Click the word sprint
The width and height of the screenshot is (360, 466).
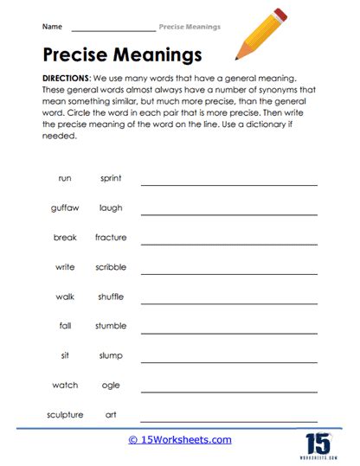tap(111, 178)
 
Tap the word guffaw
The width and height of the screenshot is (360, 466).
tap(65, 207)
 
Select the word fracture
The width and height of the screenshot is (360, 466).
tap(111, 237)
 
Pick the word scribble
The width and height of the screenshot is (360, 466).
tap(111, 267)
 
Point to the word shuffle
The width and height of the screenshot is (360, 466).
tap(111, 297)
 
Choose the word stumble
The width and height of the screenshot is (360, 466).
tap(111, 326)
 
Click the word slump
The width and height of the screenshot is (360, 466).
tap(111, 355)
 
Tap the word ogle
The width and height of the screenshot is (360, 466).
tap(111, 385)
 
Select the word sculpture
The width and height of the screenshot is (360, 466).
tap(65, 414)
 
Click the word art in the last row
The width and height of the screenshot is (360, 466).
tap(111, 414)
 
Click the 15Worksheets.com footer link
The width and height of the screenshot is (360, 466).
tap(179, 439)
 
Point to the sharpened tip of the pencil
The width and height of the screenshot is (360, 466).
tap(237, 58)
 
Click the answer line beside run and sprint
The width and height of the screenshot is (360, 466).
tap(229, 184)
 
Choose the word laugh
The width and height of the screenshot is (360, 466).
tap(111, 207)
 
